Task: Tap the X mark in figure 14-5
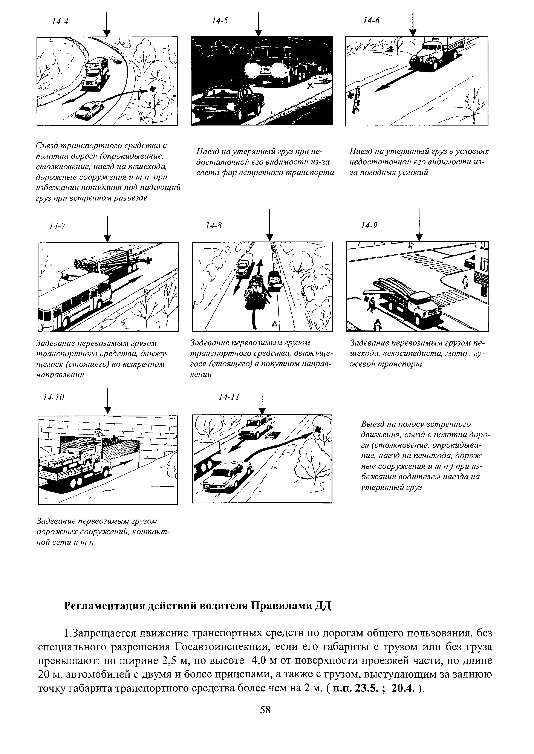click(309, 86)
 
